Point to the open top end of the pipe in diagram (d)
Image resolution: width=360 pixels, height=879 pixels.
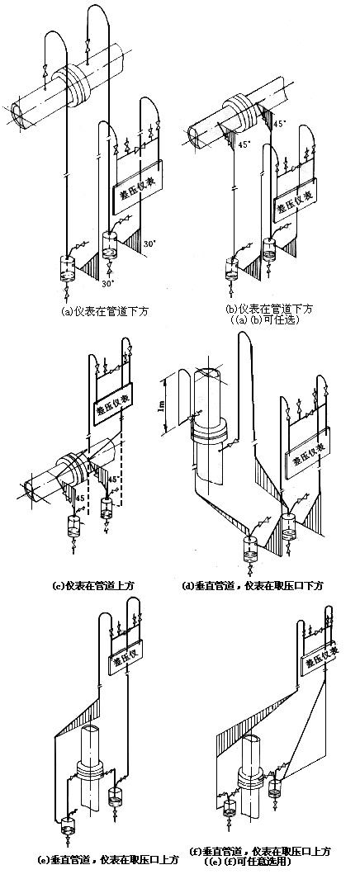[x=207, y=373]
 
